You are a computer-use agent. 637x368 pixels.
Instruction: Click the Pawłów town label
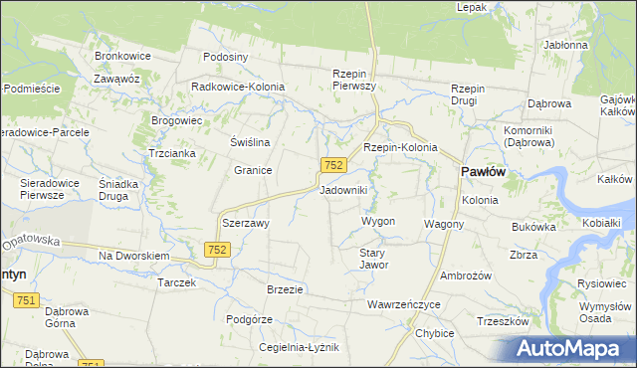pos(483,172)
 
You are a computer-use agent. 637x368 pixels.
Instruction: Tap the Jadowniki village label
pos(344,189)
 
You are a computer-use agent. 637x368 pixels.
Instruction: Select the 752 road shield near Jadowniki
pos(333,164)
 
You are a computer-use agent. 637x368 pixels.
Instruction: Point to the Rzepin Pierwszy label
pos(352,81)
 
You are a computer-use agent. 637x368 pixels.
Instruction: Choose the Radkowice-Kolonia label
pos(238,87)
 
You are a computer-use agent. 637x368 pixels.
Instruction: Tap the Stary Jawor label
pos(372,259)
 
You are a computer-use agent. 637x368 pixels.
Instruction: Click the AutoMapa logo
pos(573,348)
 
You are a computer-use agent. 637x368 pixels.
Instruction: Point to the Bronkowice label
pos(121,56)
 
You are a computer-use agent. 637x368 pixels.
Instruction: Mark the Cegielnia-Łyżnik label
pos(299,347)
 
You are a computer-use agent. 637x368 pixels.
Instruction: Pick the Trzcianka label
pos(171,153)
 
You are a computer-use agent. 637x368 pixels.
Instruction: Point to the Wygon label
pos(378,221)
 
